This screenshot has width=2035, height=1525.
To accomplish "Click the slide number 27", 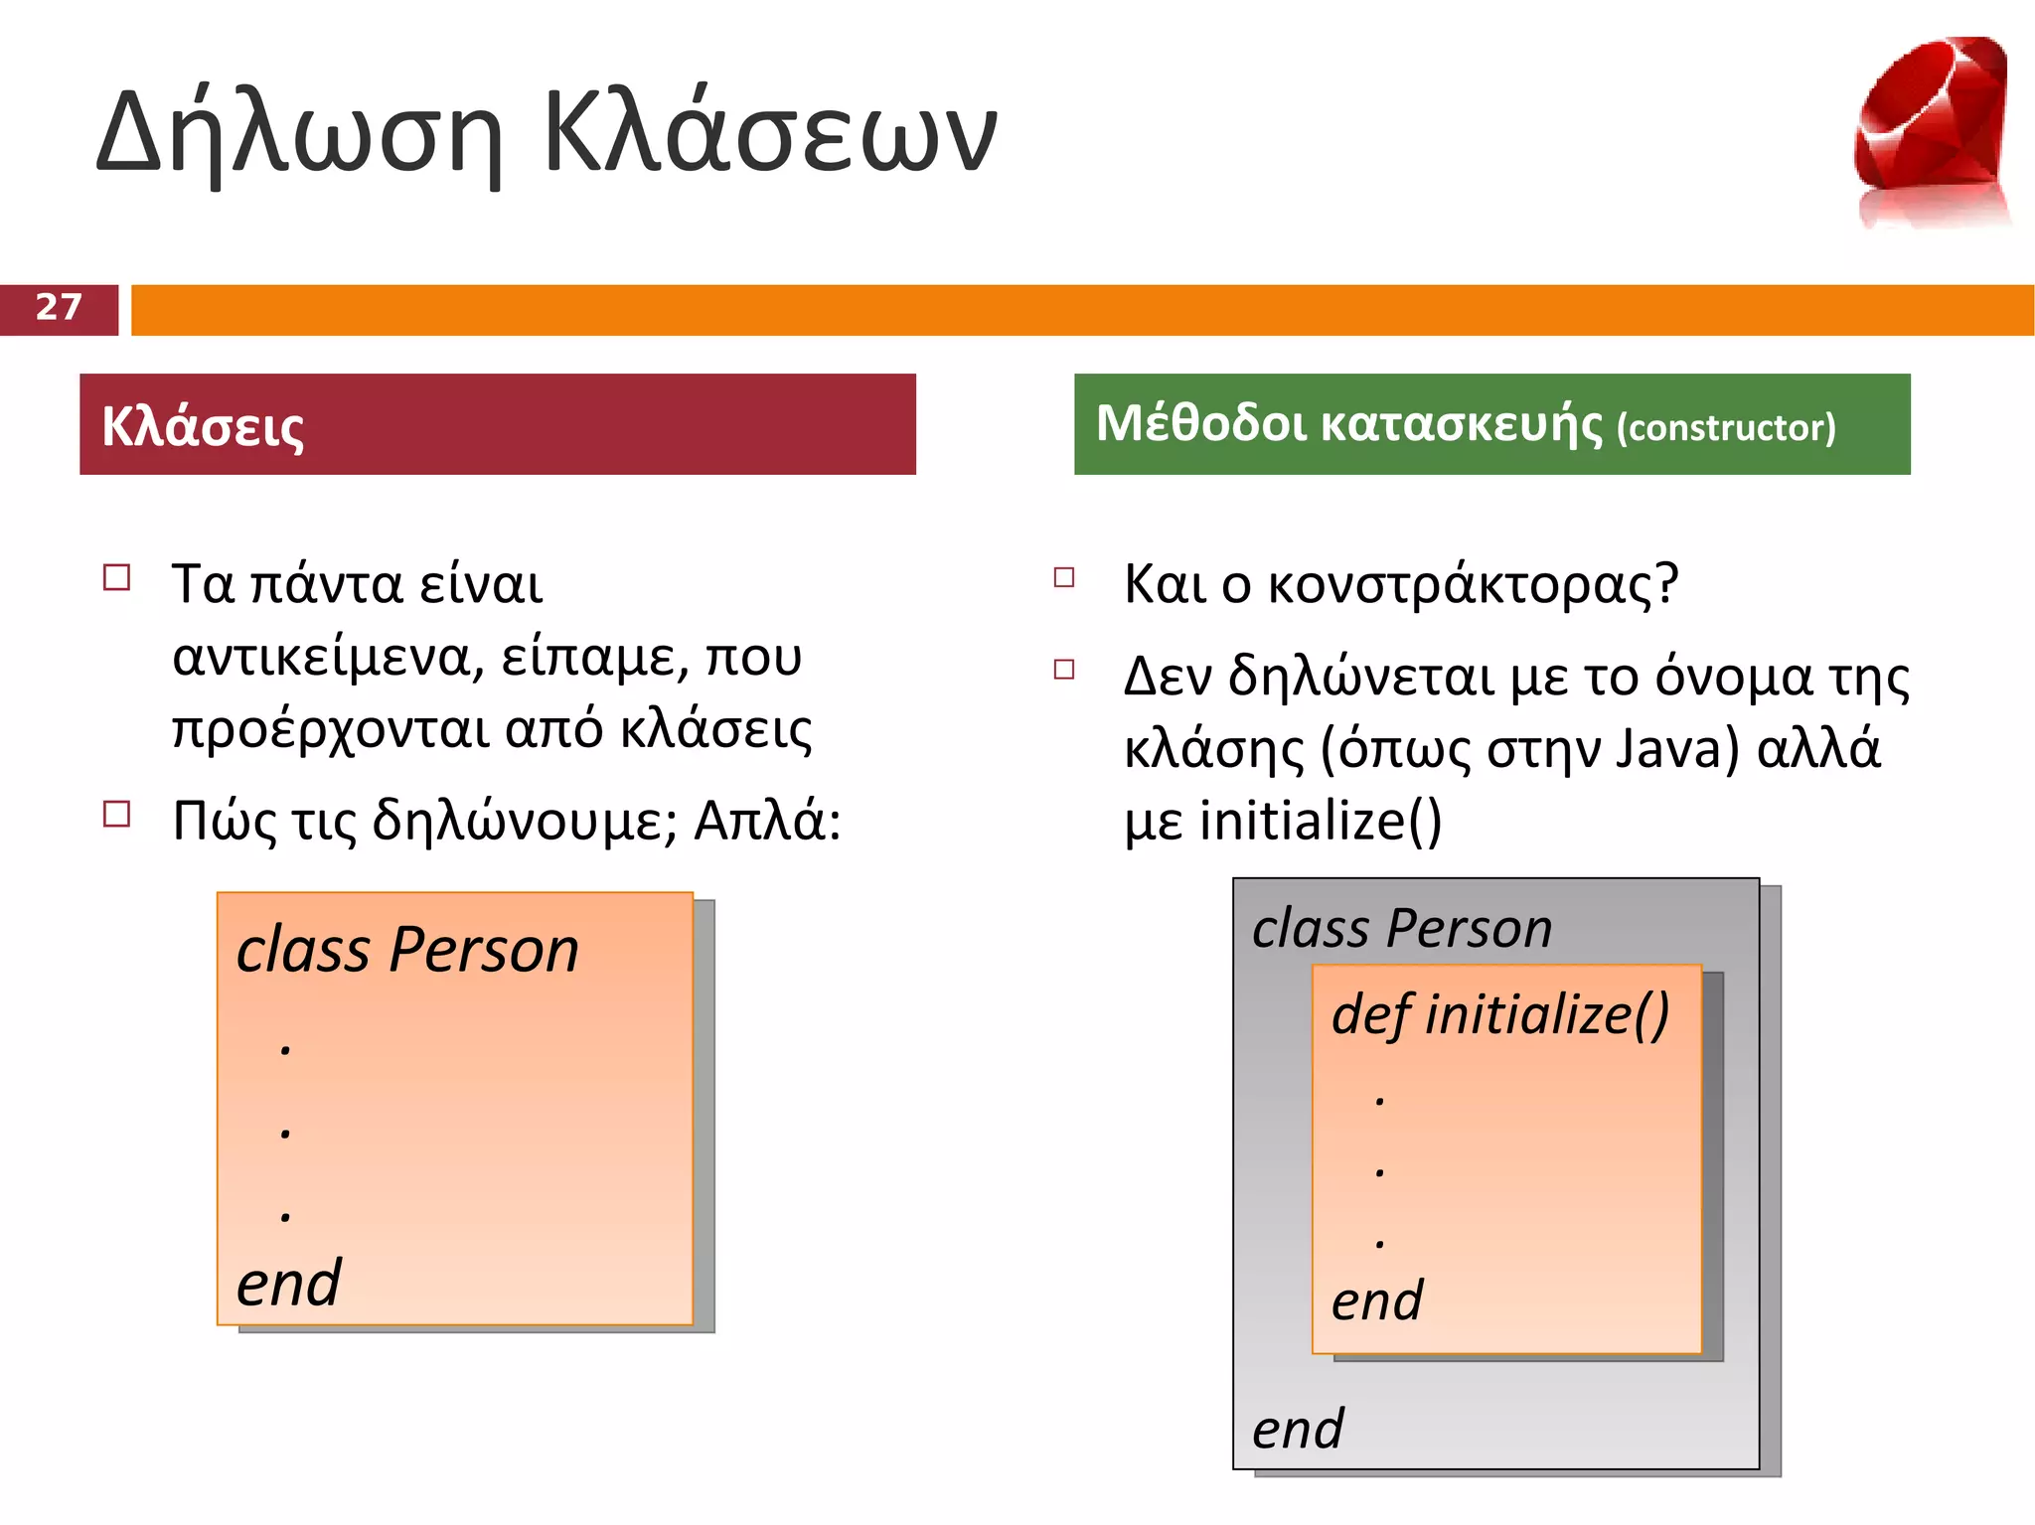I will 59,308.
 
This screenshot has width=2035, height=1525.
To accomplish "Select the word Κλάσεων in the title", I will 770,134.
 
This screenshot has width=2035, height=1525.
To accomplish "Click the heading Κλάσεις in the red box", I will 203,427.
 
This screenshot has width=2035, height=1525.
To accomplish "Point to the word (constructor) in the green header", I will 1726,428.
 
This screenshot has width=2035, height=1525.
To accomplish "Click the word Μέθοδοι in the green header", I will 1201,424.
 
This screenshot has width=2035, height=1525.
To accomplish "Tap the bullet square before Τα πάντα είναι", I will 117,578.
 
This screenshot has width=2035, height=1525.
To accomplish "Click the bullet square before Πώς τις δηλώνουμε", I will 117,815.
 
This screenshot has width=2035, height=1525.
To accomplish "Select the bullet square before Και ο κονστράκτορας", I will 1064,577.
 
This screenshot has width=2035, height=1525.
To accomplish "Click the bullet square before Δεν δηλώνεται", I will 1064,670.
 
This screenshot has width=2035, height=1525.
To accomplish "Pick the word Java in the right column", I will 1676,749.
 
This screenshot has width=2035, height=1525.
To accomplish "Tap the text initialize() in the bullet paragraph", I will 1321,821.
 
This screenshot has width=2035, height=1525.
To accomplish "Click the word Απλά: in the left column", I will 767,822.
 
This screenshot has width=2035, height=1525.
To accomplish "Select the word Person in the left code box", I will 484,950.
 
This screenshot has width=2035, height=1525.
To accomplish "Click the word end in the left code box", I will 288,1284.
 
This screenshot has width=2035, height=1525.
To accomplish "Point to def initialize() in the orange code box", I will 1500,1014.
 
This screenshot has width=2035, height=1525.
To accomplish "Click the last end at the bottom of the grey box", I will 1297,1430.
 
